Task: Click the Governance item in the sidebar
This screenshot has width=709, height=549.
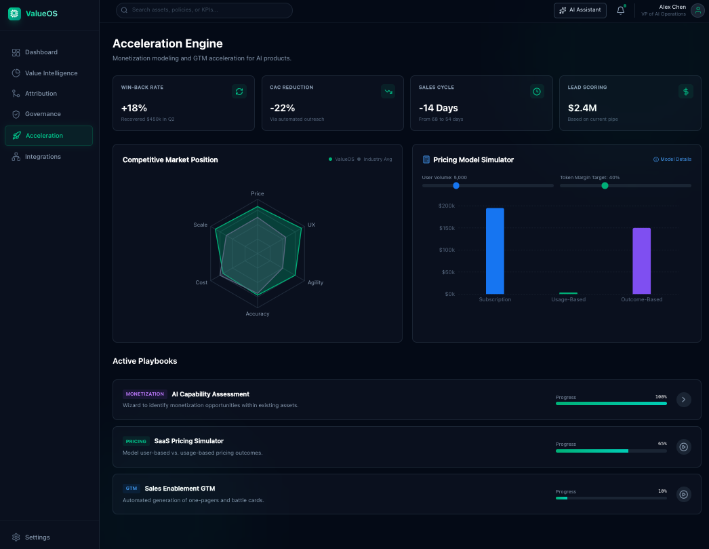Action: (43, 114)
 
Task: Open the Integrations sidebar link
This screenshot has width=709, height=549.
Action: (43, 157)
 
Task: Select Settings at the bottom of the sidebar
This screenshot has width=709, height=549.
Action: (37, 537)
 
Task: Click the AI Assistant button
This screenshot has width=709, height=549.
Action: (580, 10)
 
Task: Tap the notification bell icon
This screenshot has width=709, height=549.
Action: (620, 10)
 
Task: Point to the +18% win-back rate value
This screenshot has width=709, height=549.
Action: (134, 108)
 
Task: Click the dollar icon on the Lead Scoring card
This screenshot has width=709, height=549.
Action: (685, 91)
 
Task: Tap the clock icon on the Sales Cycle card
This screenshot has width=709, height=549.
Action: (537, 91)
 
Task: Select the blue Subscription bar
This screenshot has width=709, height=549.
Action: (495, 250)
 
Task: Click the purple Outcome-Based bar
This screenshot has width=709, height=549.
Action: (641, 261)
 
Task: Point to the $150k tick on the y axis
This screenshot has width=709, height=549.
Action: (447, 228)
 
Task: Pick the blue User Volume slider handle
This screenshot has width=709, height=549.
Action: (456, 185)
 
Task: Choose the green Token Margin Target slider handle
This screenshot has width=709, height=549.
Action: (605, 185)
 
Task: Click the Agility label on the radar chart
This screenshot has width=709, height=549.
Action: (315, 282)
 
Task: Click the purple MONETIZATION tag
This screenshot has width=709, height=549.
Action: (145, 394)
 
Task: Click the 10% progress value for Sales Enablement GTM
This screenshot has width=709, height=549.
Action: (662, 491)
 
